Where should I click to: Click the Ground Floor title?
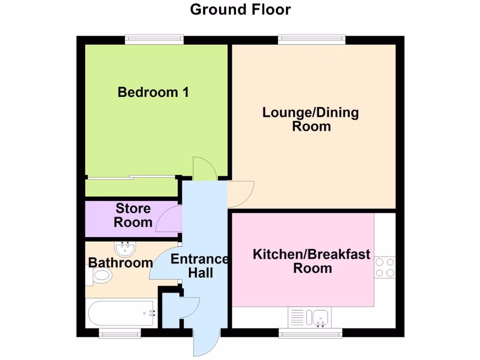(240, 9)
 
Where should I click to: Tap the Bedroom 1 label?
(153, 92)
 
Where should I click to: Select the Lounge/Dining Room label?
(311, 120)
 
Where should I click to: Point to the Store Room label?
(133, 215)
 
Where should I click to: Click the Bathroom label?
(120, 263)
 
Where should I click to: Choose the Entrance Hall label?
(200, 266)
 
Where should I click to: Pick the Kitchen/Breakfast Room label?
(312, 262)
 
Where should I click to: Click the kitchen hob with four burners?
(385, 267)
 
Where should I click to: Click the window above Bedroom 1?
(154, 40)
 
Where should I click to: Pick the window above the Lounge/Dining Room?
(312, 40)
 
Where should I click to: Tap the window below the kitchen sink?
(310, 333)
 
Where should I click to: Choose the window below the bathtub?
(120, 333)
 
